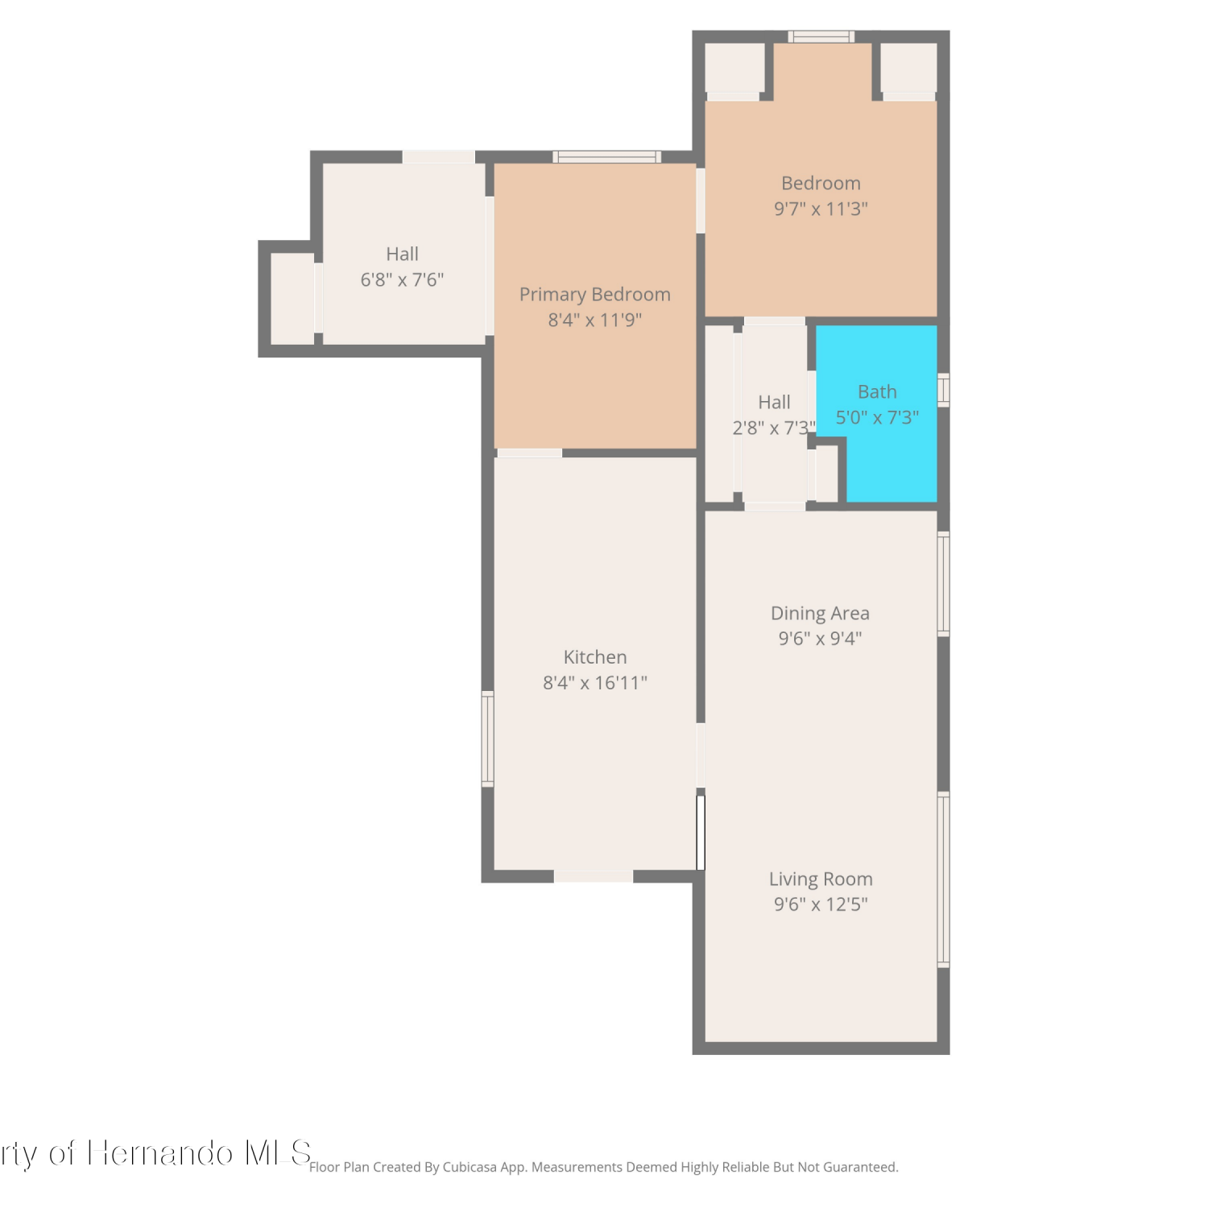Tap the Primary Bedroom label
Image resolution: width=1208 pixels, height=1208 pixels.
point(595,295)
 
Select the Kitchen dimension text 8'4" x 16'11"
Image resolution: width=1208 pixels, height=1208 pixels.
point(595,683)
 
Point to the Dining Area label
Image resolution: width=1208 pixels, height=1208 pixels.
point(820,613)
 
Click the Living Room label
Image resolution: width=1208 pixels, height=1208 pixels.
point(821,879)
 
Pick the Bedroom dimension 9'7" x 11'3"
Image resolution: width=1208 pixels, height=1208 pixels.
point(821,209)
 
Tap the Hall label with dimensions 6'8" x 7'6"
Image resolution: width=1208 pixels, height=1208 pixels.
point(402,254)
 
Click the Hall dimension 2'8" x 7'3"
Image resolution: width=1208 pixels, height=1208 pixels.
point(774,428)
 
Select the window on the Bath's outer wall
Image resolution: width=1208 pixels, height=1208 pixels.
point(944,390)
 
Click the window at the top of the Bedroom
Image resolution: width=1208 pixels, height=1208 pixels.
point(821,36)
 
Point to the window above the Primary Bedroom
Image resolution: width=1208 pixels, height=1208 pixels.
point(606,157)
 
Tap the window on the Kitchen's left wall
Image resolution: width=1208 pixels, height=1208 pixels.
point(487,738)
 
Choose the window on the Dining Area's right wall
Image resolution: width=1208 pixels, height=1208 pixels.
point(944,584)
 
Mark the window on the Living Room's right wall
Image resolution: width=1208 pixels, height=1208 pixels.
point(944,879)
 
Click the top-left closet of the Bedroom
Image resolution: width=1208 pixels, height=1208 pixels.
point(734,68)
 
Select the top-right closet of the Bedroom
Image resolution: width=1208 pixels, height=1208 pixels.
point(908,68)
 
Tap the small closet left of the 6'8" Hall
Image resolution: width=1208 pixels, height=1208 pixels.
point(292,299)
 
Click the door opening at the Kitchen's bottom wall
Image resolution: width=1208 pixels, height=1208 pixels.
point(594,876)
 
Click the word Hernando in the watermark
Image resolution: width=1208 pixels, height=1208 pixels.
point(160,1153)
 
